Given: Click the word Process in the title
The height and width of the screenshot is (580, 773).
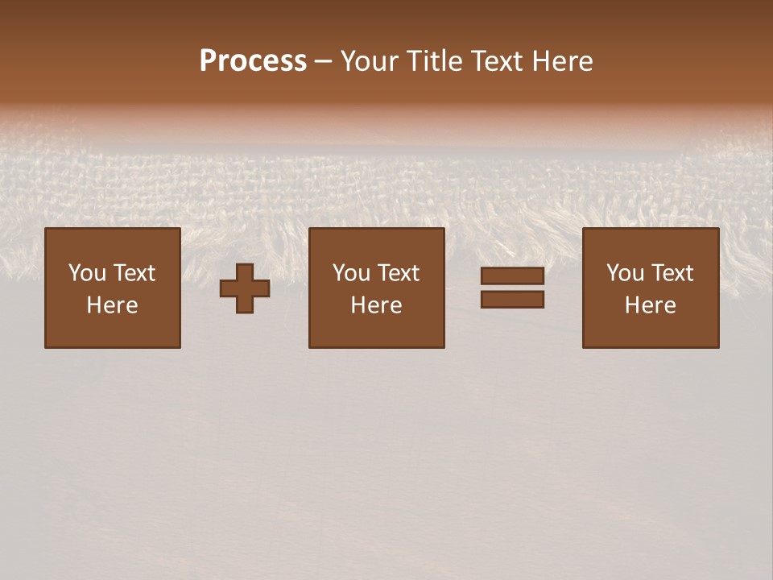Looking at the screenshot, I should (253, 61).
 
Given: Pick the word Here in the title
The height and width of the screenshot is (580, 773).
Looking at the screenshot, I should (563, 61).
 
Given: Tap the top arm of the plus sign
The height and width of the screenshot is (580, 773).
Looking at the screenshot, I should (245, 271).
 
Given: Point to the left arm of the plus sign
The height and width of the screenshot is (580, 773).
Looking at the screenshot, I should (228, 288).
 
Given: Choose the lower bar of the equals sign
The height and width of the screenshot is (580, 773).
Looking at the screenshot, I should (512, 300).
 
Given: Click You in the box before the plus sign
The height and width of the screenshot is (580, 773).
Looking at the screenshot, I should (87, 273).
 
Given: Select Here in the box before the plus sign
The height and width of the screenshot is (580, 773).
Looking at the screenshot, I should (112, 305).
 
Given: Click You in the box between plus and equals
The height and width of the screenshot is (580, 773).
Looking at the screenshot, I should (351, 273).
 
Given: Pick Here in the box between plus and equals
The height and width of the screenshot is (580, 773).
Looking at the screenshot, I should (376, 305).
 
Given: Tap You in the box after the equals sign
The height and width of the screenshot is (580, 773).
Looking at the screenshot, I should (625, 273).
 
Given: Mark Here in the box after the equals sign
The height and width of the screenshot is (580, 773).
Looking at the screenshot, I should (650, 305).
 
